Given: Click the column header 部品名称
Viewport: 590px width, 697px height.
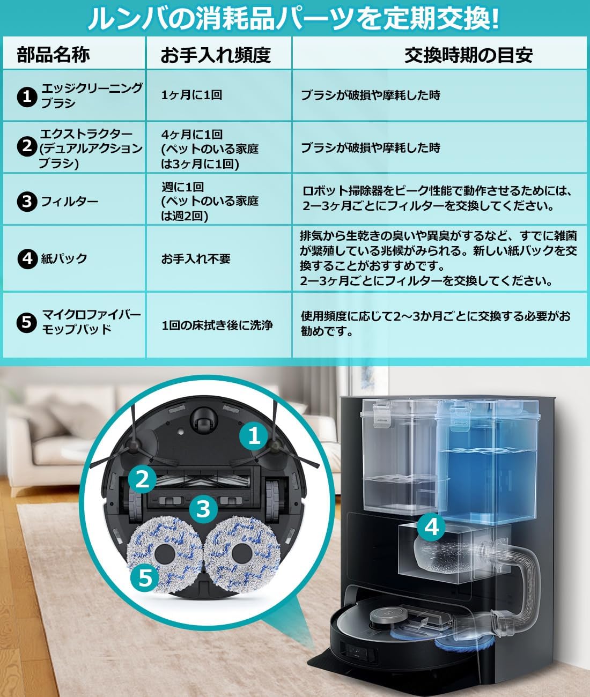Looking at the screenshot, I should [x=53, y=54].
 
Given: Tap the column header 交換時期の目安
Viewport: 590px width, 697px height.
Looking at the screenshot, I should [x=468, y=55].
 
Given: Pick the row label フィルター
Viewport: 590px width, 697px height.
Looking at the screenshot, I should [x=70, y=202].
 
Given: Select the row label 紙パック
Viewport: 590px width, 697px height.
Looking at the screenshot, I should [x=64, y=258].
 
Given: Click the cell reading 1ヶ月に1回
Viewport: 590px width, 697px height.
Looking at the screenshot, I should [x=191, y=95].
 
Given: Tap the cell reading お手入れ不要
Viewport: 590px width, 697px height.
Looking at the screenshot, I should [x=196, y=258].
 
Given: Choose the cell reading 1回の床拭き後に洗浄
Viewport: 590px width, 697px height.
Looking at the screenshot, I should [x=217, y=325].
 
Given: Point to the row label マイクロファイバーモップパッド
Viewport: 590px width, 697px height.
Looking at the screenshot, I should [x=91, y=322].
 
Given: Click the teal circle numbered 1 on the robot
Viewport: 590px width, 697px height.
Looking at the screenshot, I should [x=254, y=435].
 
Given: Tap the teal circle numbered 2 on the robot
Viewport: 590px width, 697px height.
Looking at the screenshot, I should [x=142, y=478].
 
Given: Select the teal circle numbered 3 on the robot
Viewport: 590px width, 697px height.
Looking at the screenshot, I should [x=203, y=508].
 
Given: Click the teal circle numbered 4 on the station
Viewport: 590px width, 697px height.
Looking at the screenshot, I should [x=432, y=527].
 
